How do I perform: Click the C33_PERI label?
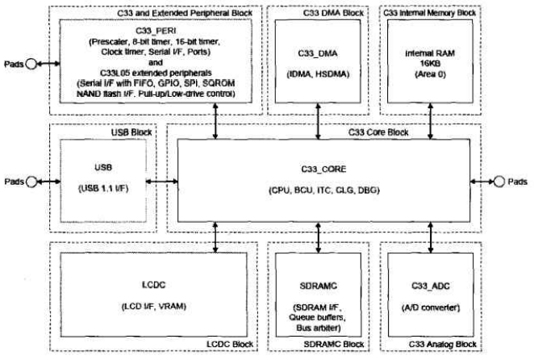tap(156, 31)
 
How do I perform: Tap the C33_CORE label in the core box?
tap(323, 169)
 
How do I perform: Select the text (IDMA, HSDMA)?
tap(318, 74)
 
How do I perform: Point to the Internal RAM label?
tap(430, 53)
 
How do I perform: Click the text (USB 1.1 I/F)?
tap(103, 188)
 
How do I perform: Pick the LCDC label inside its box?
tap(153, 285)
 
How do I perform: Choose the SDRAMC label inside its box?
tap(319, 286)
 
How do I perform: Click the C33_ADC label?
tap(431, 286)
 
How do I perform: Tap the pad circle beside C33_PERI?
tap(31, 64)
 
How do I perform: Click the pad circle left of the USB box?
tap(31, 182)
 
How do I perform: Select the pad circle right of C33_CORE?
tap(499, 182)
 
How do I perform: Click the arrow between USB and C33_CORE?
tap(162, 182)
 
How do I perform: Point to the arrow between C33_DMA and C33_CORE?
tap(318, 121)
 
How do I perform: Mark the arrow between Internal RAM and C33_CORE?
tap(431, 121)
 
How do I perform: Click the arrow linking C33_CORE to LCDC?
tap(215, 237)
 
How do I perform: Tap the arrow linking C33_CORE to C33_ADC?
tap(431, 237)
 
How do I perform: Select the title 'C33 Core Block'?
tap(378, 132)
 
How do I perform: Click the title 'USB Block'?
tap(131, 132)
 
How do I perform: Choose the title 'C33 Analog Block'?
tap(442, 345)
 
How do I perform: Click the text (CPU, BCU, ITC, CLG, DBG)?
tap(324, 190)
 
